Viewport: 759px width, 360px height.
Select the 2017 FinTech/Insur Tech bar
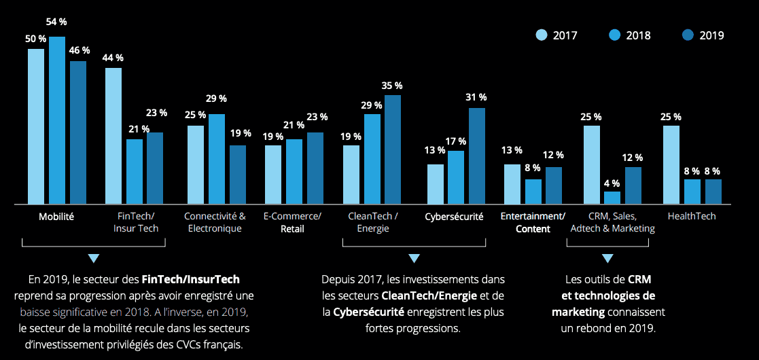tap(113, 136)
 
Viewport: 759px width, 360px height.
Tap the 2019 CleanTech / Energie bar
tap(393, 149)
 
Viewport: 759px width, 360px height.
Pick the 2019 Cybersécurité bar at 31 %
tap(477, 156)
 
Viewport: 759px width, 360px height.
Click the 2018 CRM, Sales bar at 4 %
tap(612, 198)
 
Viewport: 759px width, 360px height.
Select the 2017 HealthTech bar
tap(671, 164)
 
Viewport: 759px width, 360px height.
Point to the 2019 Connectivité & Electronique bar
tap(238, 175)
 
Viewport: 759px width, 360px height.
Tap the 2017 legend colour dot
tap(542, 35)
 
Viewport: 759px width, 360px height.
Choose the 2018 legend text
tap(639, 35)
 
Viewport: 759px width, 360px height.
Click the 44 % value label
tap(113, 58)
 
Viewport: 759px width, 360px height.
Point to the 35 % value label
tap(392, 86)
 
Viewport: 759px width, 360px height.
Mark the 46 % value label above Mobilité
tap(79, 51)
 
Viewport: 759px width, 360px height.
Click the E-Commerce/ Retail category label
tap(292, 222)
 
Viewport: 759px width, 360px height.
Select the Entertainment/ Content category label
tap(533, 222)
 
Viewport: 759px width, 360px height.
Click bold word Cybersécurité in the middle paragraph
tap(368, 312)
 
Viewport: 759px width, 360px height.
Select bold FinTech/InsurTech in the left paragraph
tap(191, 279)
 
